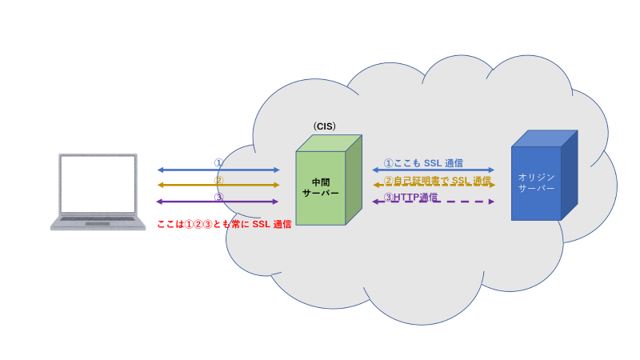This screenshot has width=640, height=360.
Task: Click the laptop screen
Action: [98, 183]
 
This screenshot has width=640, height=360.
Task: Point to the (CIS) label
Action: [325, 126]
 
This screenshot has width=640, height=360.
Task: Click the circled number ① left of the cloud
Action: [218, 162]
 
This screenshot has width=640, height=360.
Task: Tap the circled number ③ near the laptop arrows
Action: [218, 196]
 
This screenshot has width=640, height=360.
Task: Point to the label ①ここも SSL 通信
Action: [423, 163]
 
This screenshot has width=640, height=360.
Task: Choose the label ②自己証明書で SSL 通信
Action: [438, 180]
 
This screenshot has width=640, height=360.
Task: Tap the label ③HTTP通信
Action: [410, 197]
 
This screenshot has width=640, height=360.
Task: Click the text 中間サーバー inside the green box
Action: [320, 187]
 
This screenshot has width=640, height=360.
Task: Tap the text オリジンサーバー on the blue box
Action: [536, 182]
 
